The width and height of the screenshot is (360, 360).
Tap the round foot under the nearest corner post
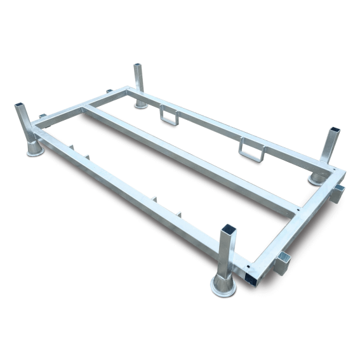[223, 287]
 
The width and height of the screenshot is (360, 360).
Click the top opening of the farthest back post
[138, 65]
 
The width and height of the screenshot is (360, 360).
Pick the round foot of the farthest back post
[141, 103]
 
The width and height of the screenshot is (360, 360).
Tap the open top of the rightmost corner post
[335, 131]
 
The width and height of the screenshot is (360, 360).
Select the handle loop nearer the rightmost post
[250, 149]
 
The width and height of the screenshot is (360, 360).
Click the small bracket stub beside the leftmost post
[43, 116]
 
